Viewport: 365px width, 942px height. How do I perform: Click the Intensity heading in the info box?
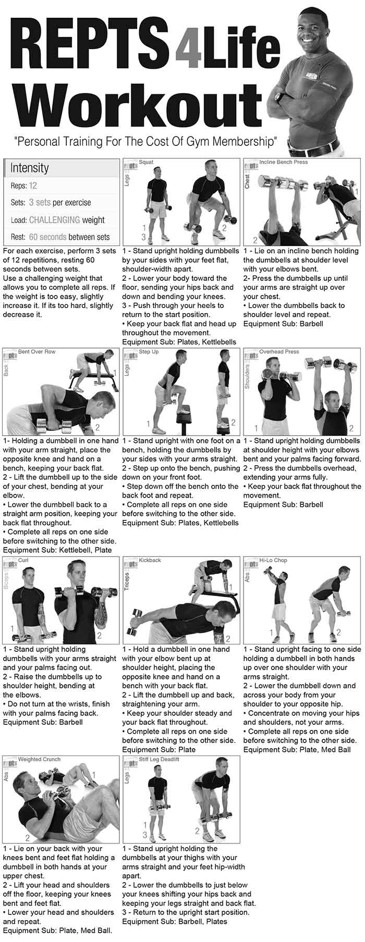pyautogui.click(x=29, y=168)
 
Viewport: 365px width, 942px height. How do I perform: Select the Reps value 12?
pyautogui.click(x=33, y=185)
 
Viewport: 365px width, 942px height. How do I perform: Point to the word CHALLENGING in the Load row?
pyautogui.click(x=55, y=220)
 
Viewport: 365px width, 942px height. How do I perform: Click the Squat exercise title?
pyautogui.click(x=146, y=162)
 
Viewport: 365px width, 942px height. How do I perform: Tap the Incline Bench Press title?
pyautogui.click(x=283, y=162)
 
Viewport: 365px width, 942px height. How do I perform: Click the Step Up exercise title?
pyautogui.click(x=149, y=352)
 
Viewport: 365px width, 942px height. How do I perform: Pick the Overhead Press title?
pyautogui.click(x=279, y=352)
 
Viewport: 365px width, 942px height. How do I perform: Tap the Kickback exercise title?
pyautogui.click(x=150, y=560)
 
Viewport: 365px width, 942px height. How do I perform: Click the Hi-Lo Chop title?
pyautogui.click(x=273, y=560)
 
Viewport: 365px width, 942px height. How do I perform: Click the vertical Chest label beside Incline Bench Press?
pyautogui.click(x=248, y=181)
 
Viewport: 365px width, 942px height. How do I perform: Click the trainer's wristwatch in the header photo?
pyautogui.click(x=280, y=97)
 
